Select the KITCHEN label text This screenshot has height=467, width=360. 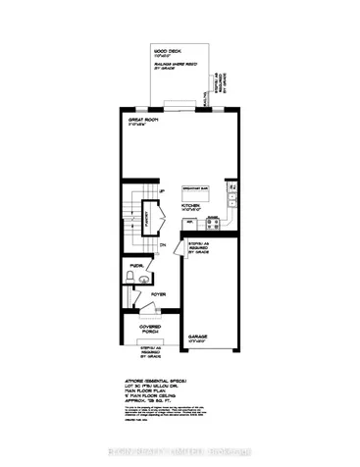[190, 205]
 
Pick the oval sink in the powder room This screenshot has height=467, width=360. [145, 279]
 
